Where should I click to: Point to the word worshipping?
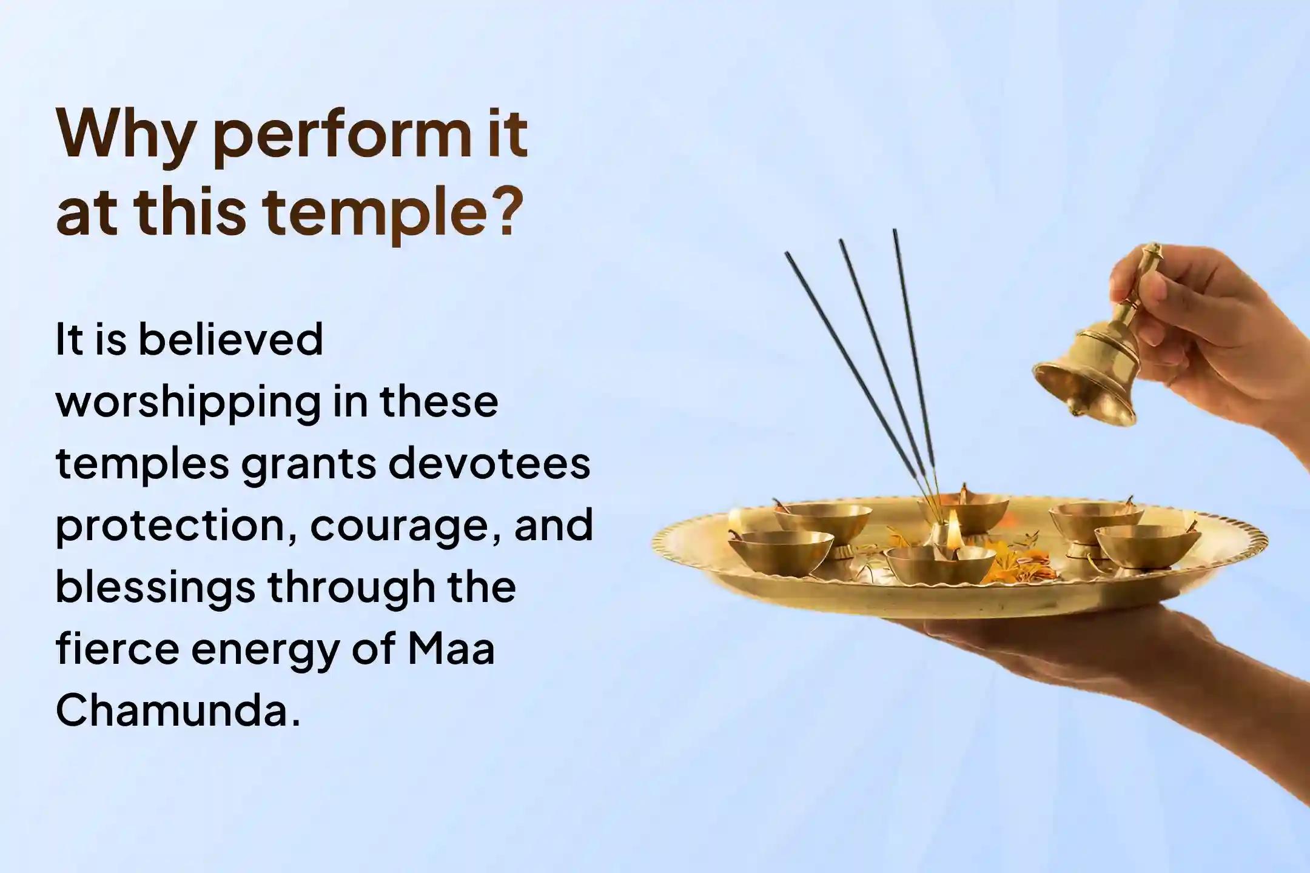(x=187, y=402)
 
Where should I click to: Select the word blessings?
(x=155, y=587)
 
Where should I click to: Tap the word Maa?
(x=451, y=648)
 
